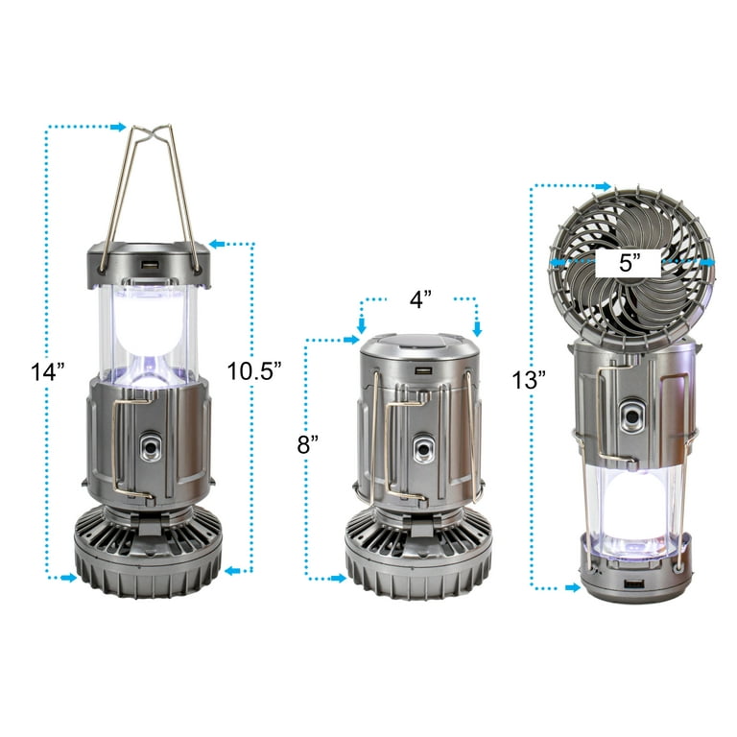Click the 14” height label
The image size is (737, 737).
tap(47, 371)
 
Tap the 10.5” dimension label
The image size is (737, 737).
tap(254, 370)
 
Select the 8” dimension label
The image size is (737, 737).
tap(308, 444)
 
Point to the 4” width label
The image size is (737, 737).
tap(420, 299)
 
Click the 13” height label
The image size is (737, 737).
tap(529, 380)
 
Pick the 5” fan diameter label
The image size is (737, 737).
tap(630, 263)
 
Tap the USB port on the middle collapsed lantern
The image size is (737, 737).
tap(423, 370)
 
